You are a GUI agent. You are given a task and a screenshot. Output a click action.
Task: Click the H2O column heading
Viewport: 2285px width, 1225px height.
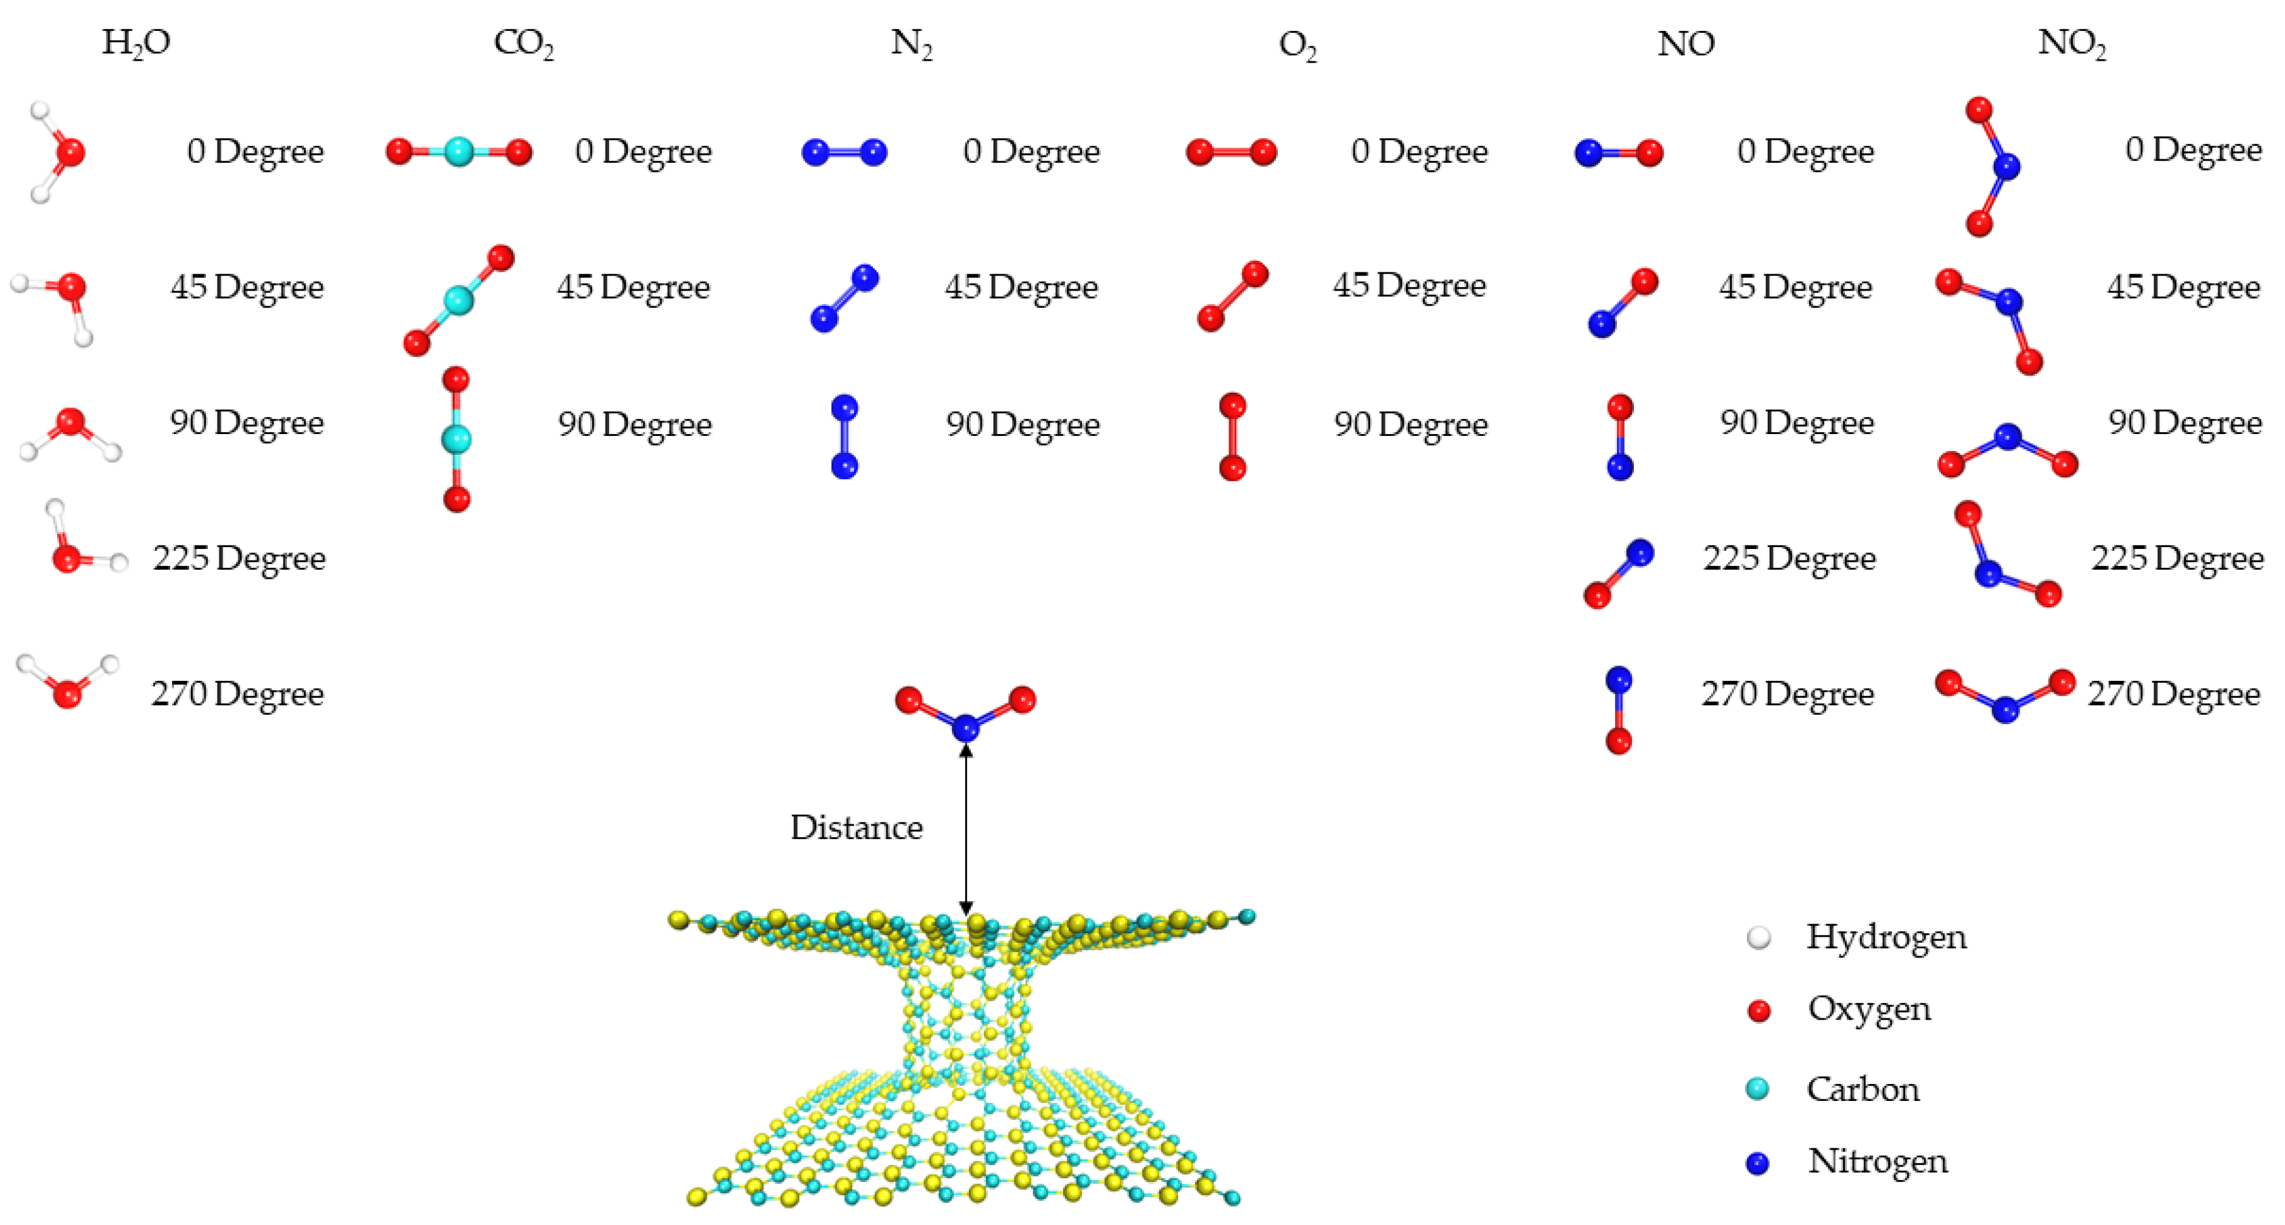click(x=136, y=43)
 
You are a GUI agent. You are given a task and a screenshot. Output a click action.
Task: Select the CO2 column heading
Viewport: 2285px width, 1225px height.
click(x=523, y=43)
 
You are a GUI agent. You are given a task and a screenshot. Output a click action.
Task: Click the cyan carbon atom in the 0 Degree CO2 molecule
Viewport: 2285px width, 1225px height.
click(x=458, y=152)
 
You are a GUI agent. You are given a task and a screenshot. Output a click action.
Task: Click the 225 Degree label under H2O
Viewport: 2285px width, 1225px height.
click(x=239, y=558)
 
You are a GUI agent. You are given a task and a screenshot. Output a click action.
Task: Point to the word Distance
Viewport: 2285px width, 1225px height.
click(x=856, y=827)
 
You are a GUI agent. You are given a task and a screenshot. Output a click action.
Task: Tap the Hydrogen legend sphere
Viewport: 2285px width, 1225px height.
click(x=1758, y=937)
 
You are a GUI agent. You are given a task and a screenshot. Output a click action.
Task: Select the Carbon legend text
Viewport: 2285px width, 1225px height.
click(x=1863, y=1088)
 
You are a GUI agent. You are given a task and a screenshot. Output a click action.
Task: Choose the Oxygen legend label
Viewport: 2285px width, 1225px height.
click(x=1869, y=1009)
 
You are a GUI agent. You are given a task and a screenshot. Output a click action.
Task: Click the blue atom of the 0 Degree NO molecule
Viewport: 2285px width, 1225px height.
click(x=1588, y=153)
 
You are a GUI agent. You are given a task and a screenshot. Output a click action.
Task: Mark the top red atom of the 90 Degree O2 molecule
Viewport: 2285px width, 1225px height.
click(x=1232, y=406)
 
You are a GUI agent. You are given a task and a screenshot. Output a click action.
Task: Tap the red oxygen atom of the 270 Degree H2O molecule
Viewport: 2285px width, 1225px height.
click(x=66, y=694)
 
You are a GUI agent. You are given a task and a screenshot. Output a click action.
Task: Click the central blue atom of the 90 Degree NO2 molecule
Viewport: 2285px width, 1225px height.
click(x=2007, y=437)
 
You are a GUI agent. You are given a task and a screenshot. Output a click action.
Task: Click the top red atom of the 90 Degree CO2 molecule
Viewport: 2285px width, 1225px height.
click(x=455, y=379)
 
